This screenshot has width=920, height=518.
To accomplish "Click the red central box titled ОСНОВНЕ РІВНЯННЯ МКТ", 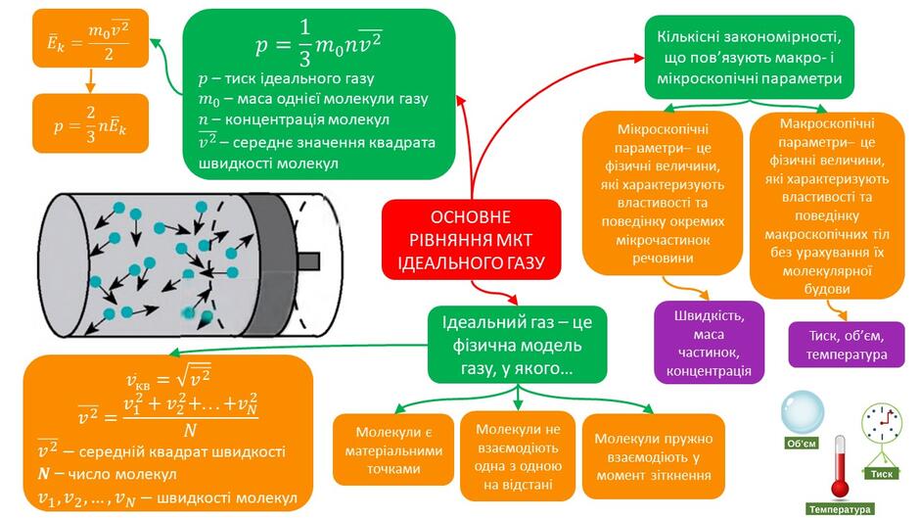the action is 471,240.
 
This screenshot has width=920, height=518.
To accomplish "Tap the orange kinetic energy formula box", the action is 90,38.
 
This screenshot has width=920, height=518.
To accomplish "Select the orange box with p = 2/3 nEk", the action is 90,123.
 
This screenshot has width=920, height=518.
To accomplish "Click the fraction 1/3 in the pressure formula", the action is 304,43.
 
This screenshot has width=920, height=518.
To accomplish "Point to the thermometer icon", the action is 840,468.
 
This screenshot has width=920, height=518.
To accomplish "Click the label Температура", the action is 840,509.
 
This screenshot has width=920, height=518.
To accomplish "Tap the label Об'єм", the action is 802,444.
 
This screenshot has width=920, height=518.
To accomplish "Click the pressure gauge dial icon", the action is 881,423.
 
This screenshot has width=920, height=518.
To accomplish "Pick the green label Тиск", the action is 881,473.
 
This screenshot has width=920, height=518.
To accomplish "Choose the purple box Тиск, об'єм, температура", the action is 846,345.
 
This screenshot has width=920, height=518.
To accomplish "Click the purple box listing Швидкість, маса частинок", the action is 709,343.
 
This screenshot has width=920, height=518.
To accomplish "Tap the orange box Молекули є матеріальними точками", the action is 393,449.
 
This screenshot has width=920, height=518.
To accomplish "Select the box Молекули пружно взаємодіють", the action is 653,456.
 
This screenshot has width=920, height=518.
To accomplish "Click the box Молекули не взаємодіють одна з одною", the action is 517,456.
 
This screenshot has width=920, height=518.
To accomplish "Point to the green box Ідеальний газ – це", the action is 517,345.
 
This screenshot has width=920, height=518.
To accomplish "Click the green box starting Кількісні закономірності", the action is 750,58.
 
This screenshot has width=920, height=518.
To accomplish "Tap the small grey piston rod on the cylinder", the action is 308,261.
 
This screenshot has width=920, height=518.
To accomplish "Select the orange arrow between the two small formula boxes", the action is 90,81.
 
